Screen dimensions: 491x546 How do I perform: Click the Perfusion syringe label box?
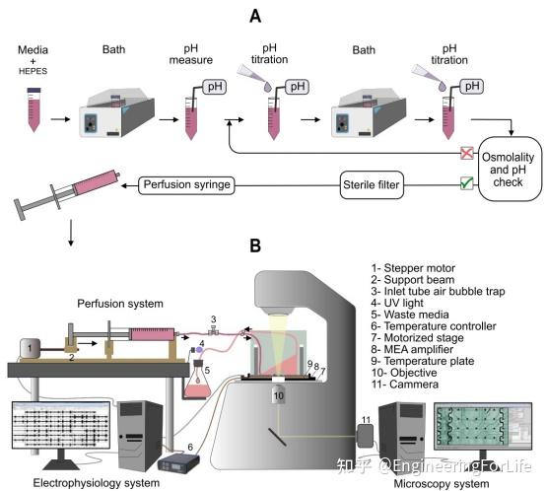[187, 183]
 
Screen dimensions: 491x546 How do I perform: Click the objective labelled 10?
[279, 395]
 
